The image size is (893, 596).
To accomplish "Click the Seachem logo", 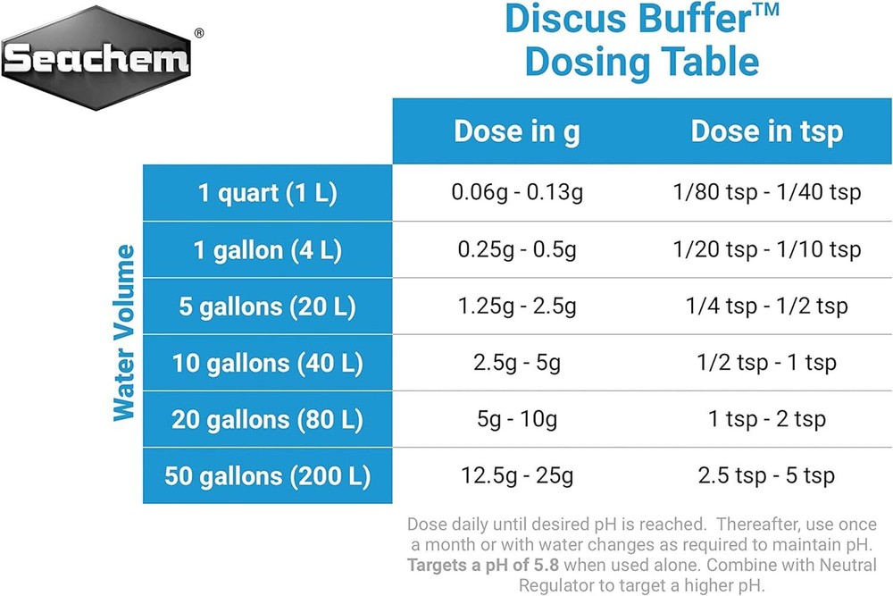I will (x=96, y=58).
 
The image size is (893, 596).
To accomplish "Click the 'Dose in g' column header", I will (x=516, y=131).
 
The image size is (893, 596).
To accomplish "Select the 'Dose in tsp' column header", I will (x=766, y=131).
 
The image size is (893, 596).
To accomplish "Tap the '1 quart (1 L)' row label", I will (x=267, y=193).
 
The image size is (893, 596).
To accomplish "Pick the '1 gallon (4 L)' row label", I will (x=267, y=250).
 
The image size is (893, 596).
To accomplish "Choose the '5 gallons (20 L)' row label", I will (x=267, y=306).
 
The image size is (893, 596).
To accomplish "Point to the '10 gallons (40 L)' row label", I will (x=267, y=363).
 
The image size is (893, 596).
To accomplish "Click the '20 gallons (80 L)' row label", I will (x=267, y=419).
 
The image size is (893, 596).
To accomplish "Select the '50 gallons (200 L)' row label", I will (x=267, y=475).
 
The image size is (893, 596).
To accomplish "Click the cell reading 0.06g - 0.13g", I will (x=516, y=193).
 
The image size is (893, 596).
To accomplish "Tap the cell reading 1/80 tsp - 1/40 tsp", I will (x=766, y=193).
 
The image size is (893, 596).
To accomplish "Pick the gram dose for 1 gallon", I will (x=516, y=250).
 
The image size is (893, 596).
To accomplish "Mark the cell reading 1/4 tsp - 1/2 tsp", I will (x=766, y=306).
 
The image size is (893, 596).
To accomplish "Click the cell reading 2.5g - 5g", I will (x=516, y=363).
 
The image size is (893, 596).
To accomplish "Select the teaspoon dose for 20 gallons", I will (x=766, y=419).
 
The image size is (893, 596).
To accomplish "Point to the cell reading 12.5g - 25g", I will (x=516, y=475).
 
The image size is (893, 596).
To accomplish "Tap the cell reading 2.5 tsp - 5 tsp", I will (x=766, y=475).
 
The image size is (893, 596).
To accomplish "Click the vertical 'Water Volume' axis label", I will (x=124, y=332).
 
